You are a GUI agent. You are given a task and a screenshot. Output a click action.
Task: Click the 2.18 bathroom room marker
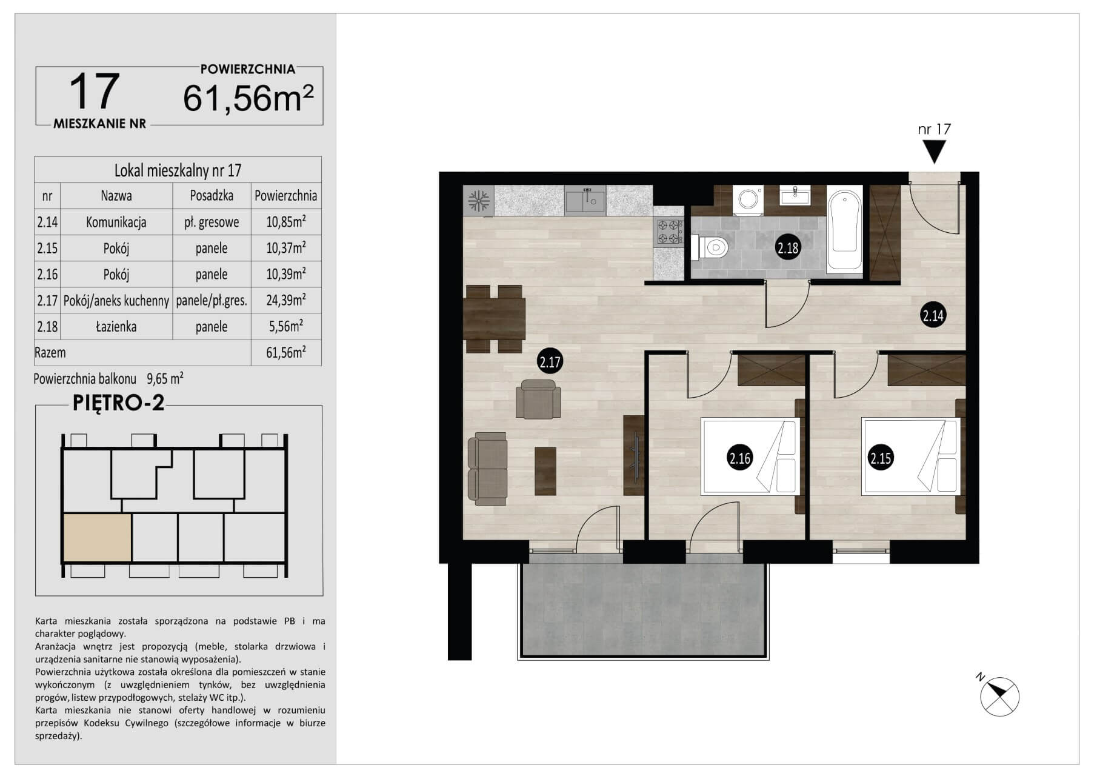point(788,247)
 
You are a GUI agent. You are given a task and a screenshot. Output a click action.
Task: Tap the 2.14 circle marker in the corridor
point(933,315)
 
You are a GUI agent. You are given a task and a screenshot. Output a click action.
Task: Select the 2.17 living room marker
point(550,363)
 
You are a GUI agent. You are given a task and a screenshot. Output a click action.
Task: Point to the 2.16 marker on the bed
point(739,458)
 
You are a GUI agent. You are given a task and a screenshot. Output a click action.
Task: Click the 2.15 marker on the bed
point(880,458)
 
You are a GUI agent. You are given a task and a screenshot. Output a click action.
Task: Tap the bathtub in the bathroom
point(845,230)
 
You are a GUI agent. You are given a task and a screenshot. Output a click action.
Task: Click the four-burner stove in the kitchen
point(669,232)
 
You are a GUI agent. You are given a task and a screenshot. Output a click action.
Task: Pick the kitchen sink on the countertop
point(585,201)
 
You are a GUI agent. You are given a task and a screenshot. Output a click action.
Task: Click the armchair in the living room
point(538,399)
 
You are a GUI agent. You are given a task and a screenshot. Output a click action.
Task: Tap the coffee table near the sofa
point(545,470)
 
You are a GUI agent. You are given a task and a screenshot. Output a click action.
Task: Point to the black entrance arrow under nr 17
point(935,152)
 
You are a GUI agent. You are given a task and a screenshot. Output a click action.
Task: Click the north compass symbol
point(998,695)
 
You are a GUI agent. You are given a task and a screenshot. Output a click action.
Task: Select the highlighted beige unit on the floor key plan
point(97,538)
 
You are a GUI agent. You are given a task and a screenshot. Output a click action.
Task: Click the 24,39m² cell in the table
point(286,300)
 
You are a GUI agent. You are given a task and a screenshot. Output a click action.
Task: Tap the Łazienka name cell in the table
point(116,327)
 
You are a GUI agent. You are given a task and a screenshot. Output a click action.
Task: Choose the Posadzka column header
point(212,196)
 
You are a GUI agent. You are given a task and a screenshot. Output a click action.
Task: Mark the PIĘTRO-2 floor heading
point(119,403)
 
